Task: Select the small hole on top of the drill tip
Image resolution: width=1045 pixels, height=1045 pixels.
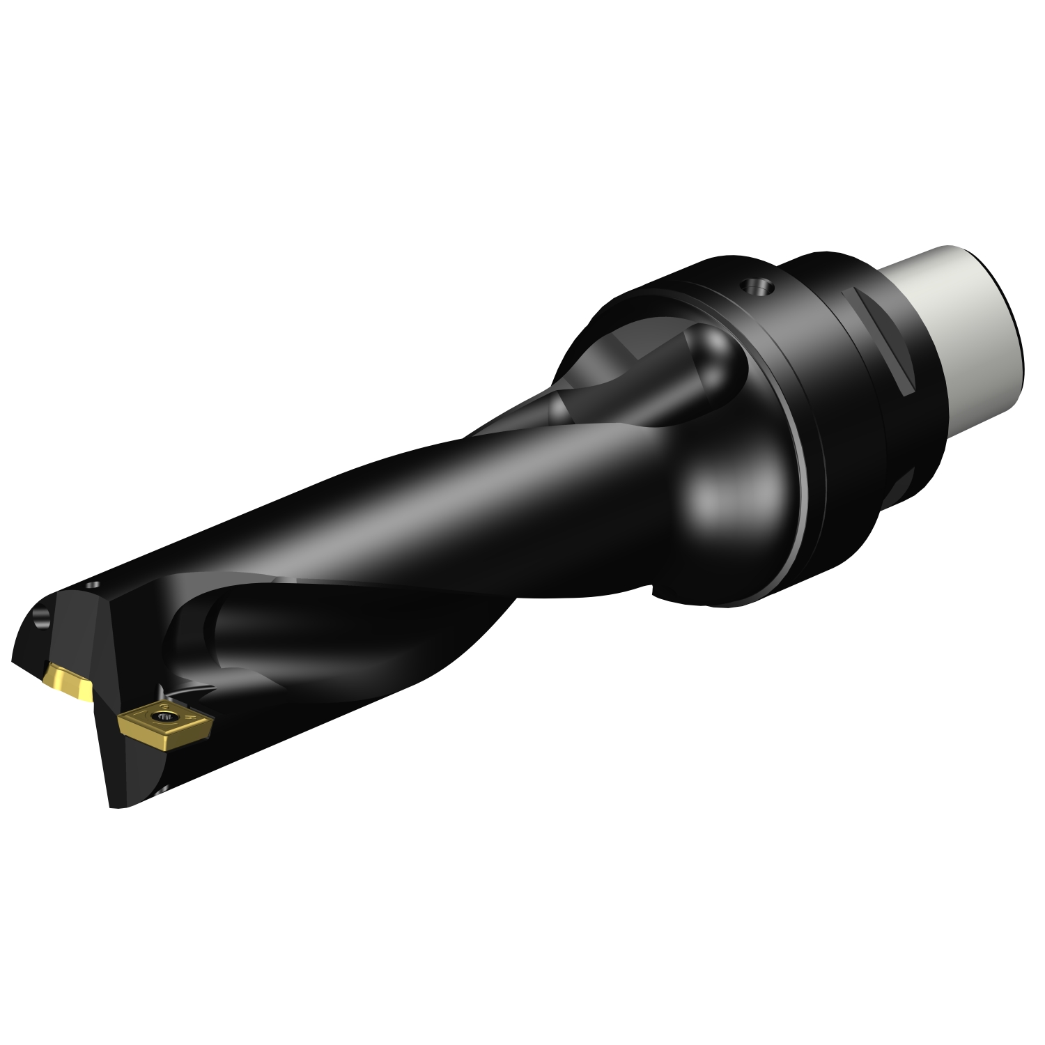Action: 95,587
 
